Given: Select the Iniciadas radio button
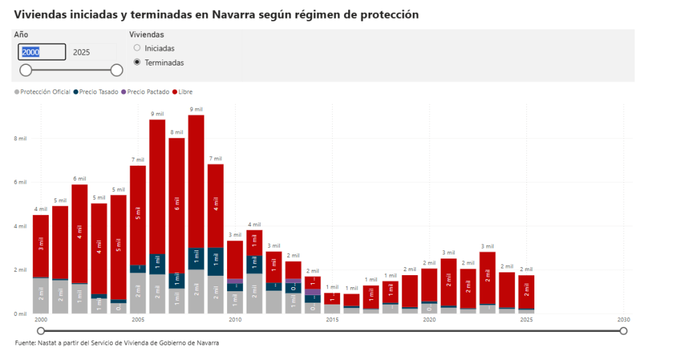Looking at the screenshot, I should [138, 48].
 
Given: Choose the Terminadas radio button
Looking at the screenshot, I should [138, 62].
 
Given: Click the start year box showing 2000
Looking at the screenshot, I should [41, 52].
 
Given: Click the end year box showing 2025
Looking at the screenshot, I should [82, 52].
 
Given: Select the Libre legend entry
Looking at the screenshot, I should [184, 92].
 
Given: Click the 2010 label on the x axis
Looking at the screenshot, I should [234, 320].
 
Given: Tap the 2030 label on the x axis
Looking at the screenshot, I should [623, 320].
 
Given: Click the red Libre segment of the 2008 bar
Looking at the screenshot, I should [196, 180].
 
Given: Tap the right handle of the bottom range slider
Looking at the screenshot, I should [623, 331].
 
